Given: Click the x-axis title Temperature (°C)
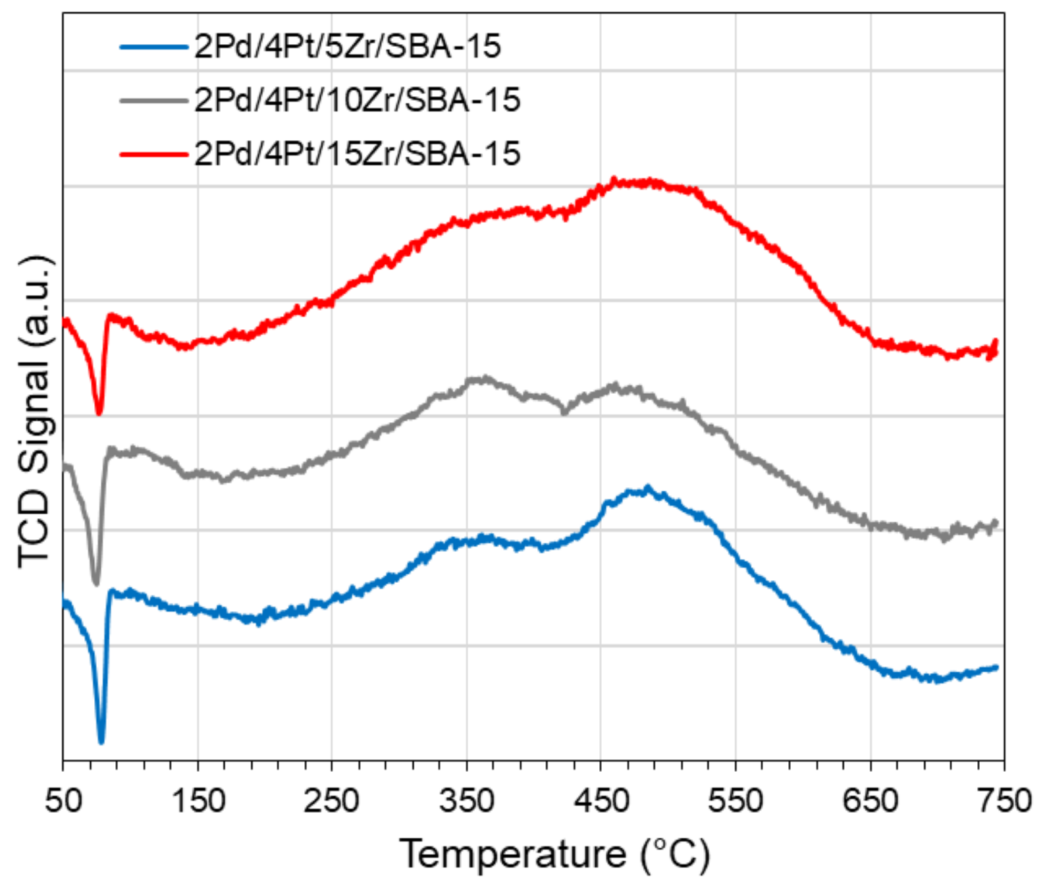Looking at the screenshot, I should pyautogui.click(x=554, y=854).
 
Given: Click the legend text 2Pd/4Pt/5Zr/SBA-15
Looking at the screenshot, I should pyautogui.click(x=347, y=47).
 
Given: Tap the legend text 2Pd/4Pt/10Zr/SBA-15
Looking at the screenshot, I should pyautogui.click(x=357, y=100).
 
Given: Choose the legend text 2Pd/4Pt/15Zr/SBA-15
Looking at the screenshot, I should pyautogui.click(x=357, y=153).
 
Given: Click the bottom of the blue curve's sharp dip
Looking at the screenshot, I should pyautogui.click(x=101, y=742).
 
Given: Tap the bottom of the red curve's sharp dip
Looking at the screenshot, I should pyautogui.click(x=99, y=414).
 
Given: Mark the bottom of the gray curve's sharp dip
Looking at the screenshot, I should pyautogui.click(x=96, y=583).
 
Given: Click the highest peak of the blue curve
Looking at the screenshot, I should pyautogui.click(x=647, y=488).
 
